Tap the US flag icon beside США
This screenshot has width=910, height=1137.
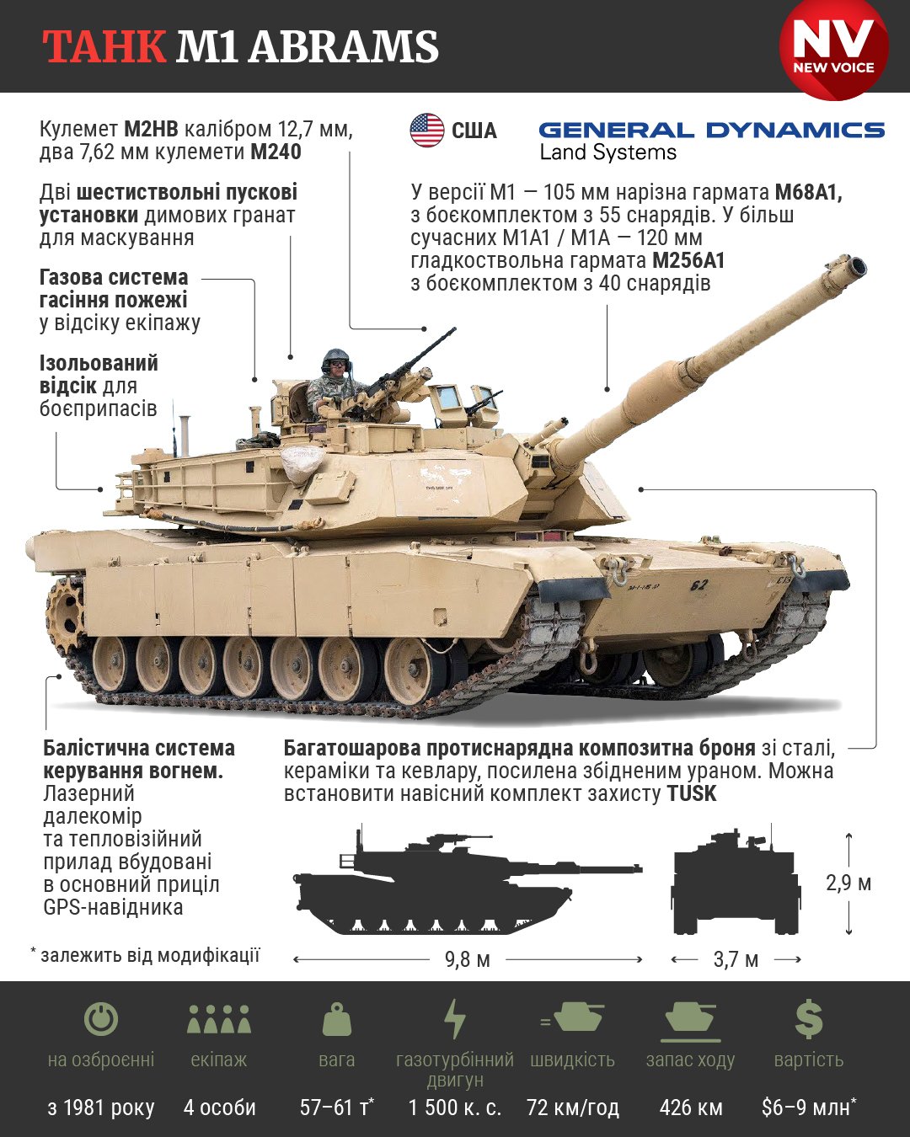pyautogui.click(x=427, y=131)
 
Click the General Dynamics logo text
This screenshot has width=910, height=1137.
pyautogui.click(x=711, y=131)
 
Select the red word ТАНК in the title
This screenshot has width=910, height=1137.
pyautogui.click(x=104, y=47)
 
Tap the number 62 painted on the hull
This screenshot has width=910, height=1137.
pyautogui.click(x=699, y=585)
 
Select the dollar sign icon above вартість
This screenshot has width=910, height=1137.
pyautogui.click(x=808, y=1019)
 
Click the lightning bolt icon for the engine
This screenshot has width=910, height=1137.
pyautogui.click(x=455, y=1019)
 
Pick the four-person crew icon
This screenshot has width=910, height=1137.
pyautogui.click(x=219, y=1019)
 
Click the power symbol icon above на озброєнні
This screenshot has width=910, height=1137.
pyautogui.click(x=101, y=1019)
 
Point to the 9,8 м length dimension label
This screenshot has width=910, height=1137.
pyautogui.click(x=468, y=959)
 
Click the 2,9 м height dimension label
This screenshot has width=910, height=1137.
pyautogui.click(x=848, y=883)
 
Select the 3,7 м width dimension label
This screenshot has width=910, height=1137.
pyautogui.click(x=736, y=959)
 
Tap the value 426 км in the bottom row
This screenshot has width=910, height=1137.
pyautogui.click(x=691, y=1108)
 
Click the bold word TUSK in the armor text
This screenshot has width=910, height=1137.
pyautogui.click(x=691, y=793)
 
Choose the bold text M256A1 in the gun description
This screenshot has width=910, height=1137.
pyautogui.click(x=688, y=260)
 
